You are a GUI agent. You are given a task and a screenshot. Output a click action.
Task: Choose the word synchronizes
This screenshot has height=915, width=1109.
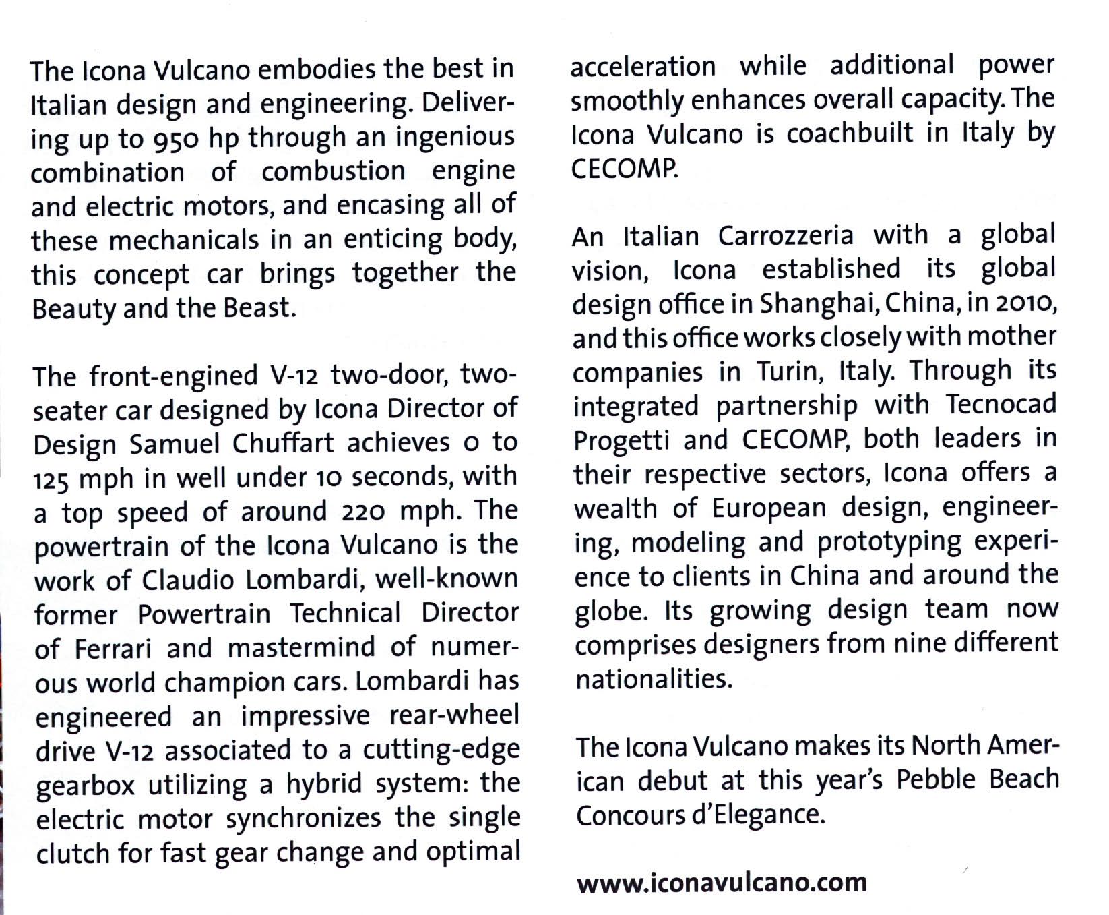click(303, 819)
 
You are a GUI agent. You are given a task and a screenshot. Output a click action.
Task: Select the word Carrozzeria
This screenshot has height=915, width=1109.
click(786, 235)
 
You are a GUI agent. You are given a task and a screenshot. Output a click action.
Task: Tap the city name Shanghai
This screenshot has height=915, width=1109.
click(817, 304)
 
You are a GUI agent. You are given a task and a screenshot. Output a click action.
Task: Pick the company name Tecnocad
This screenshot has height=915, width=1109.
click(1001, 404)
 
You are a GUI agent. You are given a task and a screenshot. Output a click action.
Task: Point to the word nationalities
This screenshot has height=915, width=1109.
click(653, 678)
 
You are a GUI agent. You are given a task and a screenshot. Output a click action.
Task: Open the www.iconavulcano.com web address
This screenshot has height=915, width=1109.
click(722, 882)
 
